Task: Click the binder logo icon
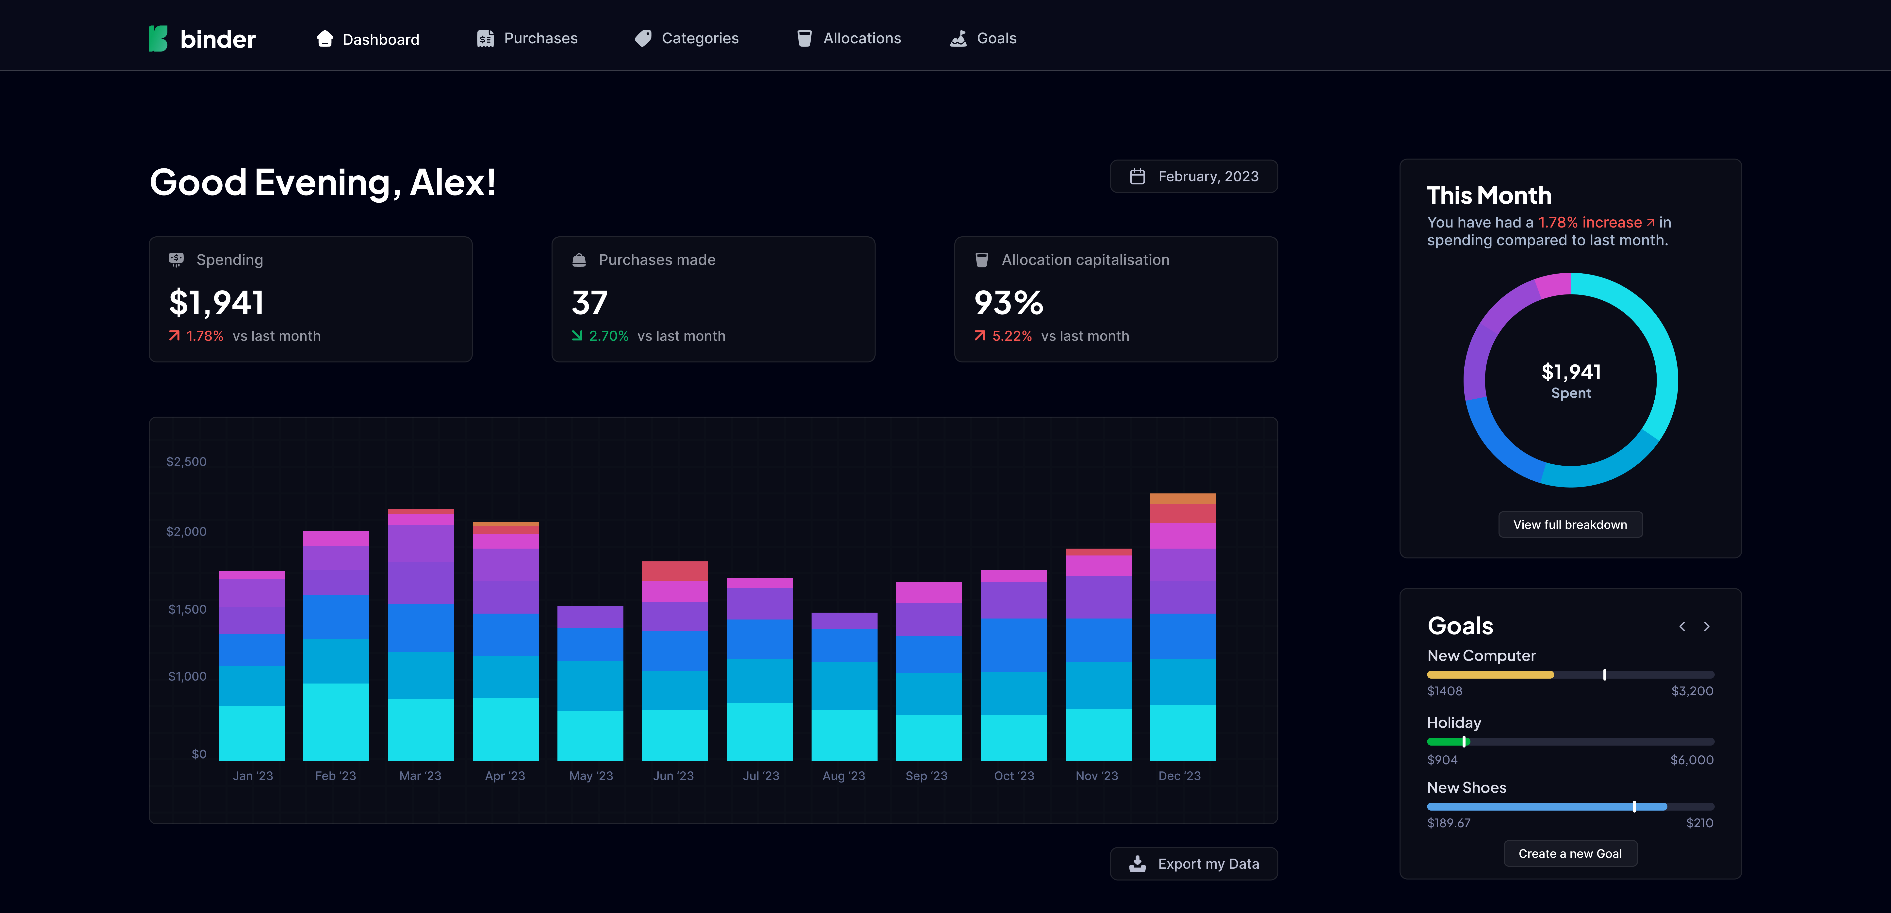158,39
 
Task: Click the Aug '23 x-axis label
844,776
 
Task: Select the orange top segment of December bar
1183,498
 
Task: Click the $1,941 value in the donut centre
1571,372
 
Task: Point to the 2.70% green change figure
609,336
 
